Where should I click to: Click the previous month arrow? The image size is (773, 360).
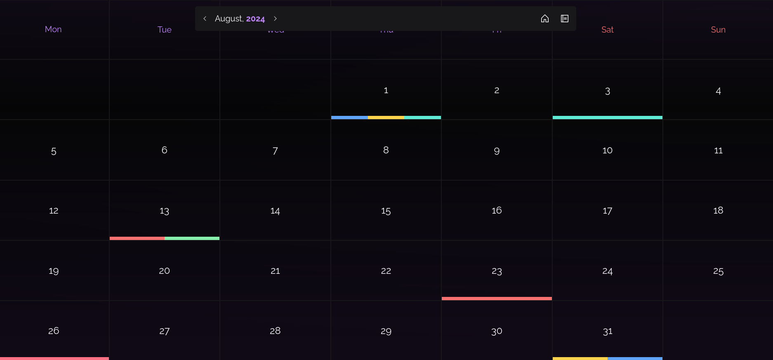pyautogui.click(x=205, y=19)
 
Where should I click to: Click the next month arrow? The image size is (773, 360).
pyautogui.click(x=275, y=19)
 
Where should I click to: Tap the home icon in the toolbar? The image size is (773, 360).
pyautogui.click(x=544, y=19)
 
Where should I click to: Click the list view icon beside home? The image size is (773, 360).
pyautogui.click(x=564, y=19)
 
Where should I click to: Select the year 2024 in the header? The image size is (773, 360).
pyautogui.click(x=255, y=19)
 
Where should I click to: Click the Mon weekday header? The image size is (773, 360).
pyautogui.click(x=53, y=29)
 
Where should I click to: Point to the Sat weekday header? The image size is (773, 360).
pyautogui.click(x=607, y=30)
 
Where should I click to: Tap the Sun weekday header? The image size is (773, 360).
pyautogui.click(x=718, y=30)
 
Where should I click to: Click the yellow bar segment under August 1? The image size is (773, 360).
pyautogui.click(x=386, y=118)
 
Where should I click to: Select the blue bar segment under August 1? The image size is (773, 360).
pyautogui.click(x=349, y=118)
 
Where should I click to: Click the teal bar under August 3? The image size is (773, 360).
pyautogui.click(x=607, y=118)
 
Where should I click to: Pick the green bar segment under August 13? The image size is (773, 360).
pyautogui.click(x=192, y=238)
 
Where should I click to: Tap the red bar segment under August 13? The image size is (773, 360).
pyautogui.click(x=137, y=238)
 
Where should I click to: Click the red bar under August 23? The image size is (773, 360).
pyautogui.click(x=497, y=299)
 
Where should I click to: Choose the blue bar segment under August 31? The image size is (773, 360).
pyautogui.click(x=635, y=358)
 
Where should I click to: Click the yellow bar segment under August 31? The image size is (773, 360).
pyautogui.click(x=580, y=358)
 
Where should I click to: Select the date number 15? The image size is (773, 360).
pyautogui.click(x=386, y=211)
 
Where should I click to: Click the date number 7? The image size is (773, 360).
pyautogui.click(x=275, y=151)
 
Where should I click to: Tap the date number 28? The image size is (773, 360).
pyautogui.click(x=275, y=331)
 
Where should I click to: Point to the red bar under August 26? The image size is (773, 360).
pyautogui.click(x=54, y=358)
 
